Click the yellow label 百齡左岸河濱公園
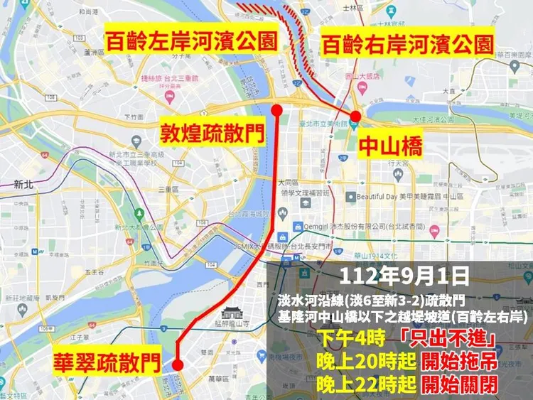tap(190, 40)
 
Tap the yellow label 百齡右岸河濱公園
tap(407, 45)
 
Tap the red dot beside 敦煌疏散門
tap(277, 110)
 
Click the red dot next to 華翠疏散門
tap(178, 364)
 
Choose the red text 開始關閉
tap(458, 387)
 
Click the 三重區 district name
tap(168, 190)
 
